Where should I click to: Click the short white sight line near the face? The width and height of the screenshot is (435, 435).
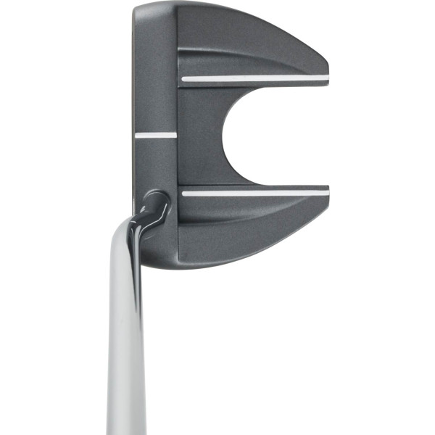tap(155, 134)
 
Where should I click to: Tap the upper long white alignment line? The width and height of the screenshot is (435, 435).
tap(254, 78)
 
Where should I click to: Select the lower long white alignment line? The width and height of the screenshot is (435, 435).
tap(254, 193)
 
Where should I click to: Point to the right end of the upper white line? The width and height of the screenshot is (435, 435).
tap(327, 77)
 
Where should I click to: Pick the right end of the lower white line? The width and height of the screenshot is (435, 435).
tap(327, 192)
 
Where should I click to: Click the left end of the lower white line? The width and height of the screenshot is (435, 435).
tap(183, 194)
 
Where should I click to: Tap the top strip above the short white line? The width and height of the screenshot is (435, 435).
tap(155, 72)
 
